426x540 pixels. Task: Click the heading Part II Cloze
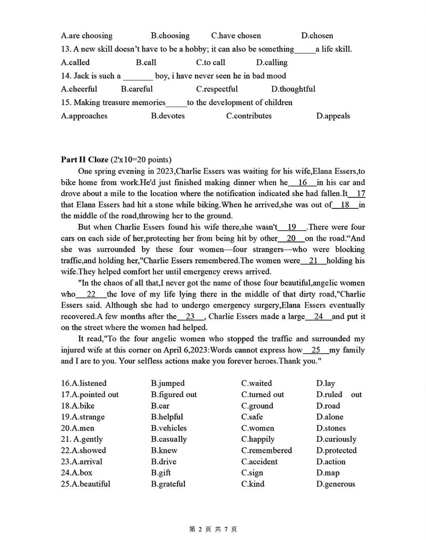point(84,159)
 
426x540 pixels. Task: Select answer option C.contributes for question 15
point(249,116)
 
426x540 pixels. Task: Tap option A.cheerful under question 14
point(79,89)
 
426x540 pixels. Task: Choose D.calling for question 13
point(272,62)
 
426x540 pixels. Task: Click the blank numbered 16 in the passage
point(303,182)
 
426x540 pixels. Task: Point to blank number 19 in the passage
point(292,227)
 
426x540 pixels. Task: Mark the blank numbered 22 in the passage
point(91,294)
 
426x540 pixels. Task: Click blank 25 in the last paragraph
point(316,350)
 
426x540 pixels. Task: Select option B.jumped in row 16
point(168,383)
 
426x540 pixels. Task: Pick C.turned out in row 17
point(262,394)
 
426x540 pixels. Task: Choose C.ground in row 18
point(257,405)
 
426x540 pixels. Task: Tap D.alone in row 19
point(330,416)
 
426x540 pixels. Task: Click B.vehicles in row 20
point(169,428)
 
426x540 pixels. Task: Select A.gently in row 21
point(82,439)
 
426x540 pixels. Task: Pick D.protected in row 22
point(336,450)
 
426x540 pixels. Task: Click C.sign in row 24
point(252,472)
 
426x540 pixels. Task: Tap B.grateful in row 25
point(168,484)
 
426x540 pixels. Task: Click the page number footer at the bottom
point(213,529)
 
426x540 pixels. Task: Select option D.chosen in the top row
point(317,36)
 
